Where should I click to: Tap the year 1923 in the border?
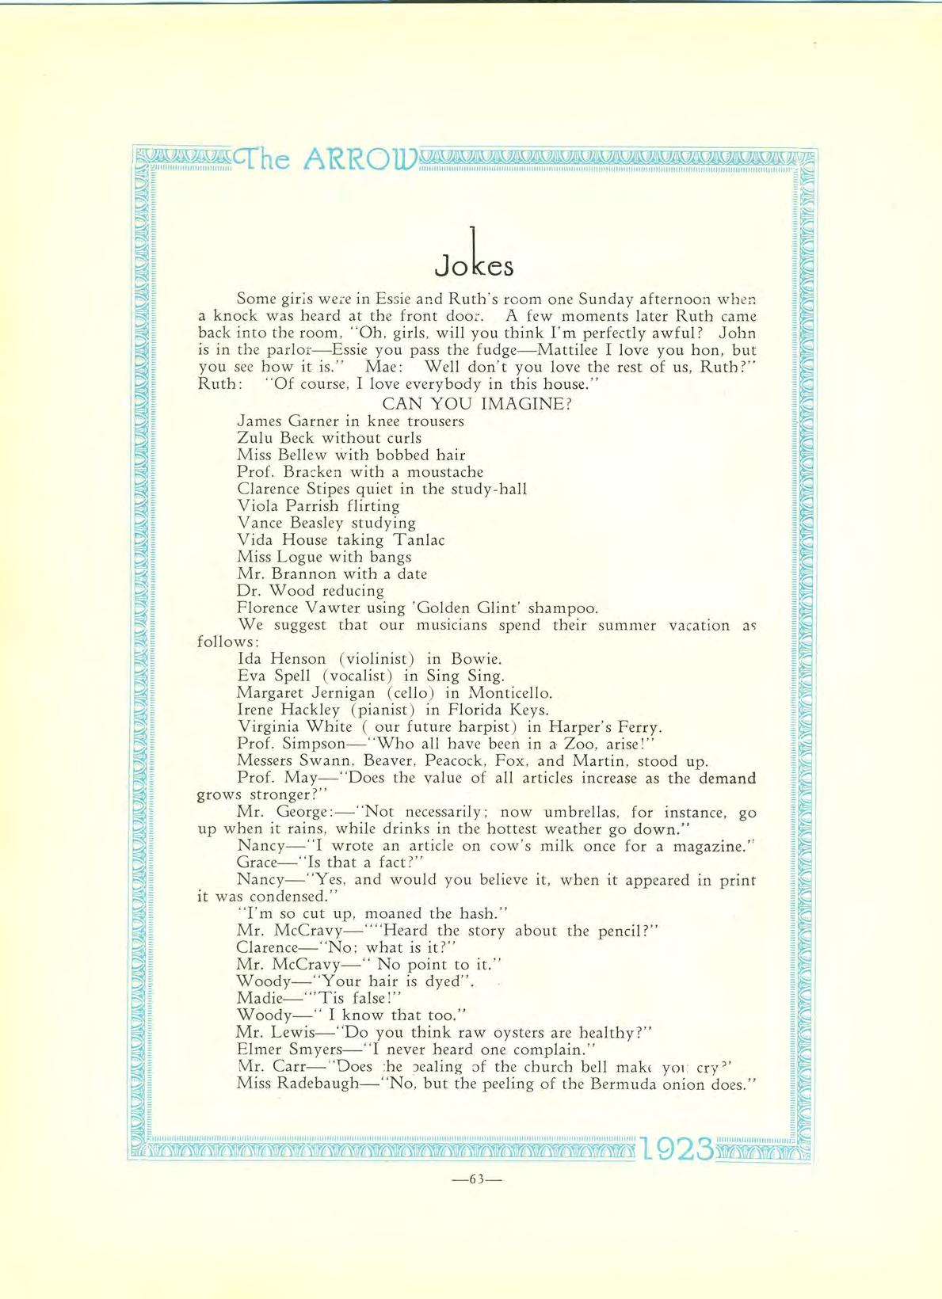point(675,1149)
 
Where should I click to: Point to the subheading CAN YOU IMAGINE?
point(477,403)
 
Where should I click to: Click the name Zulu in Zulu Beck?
point(254,437)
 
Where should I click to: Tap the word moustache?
point(444,472)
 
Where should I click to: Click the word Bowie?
point(477,659)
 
